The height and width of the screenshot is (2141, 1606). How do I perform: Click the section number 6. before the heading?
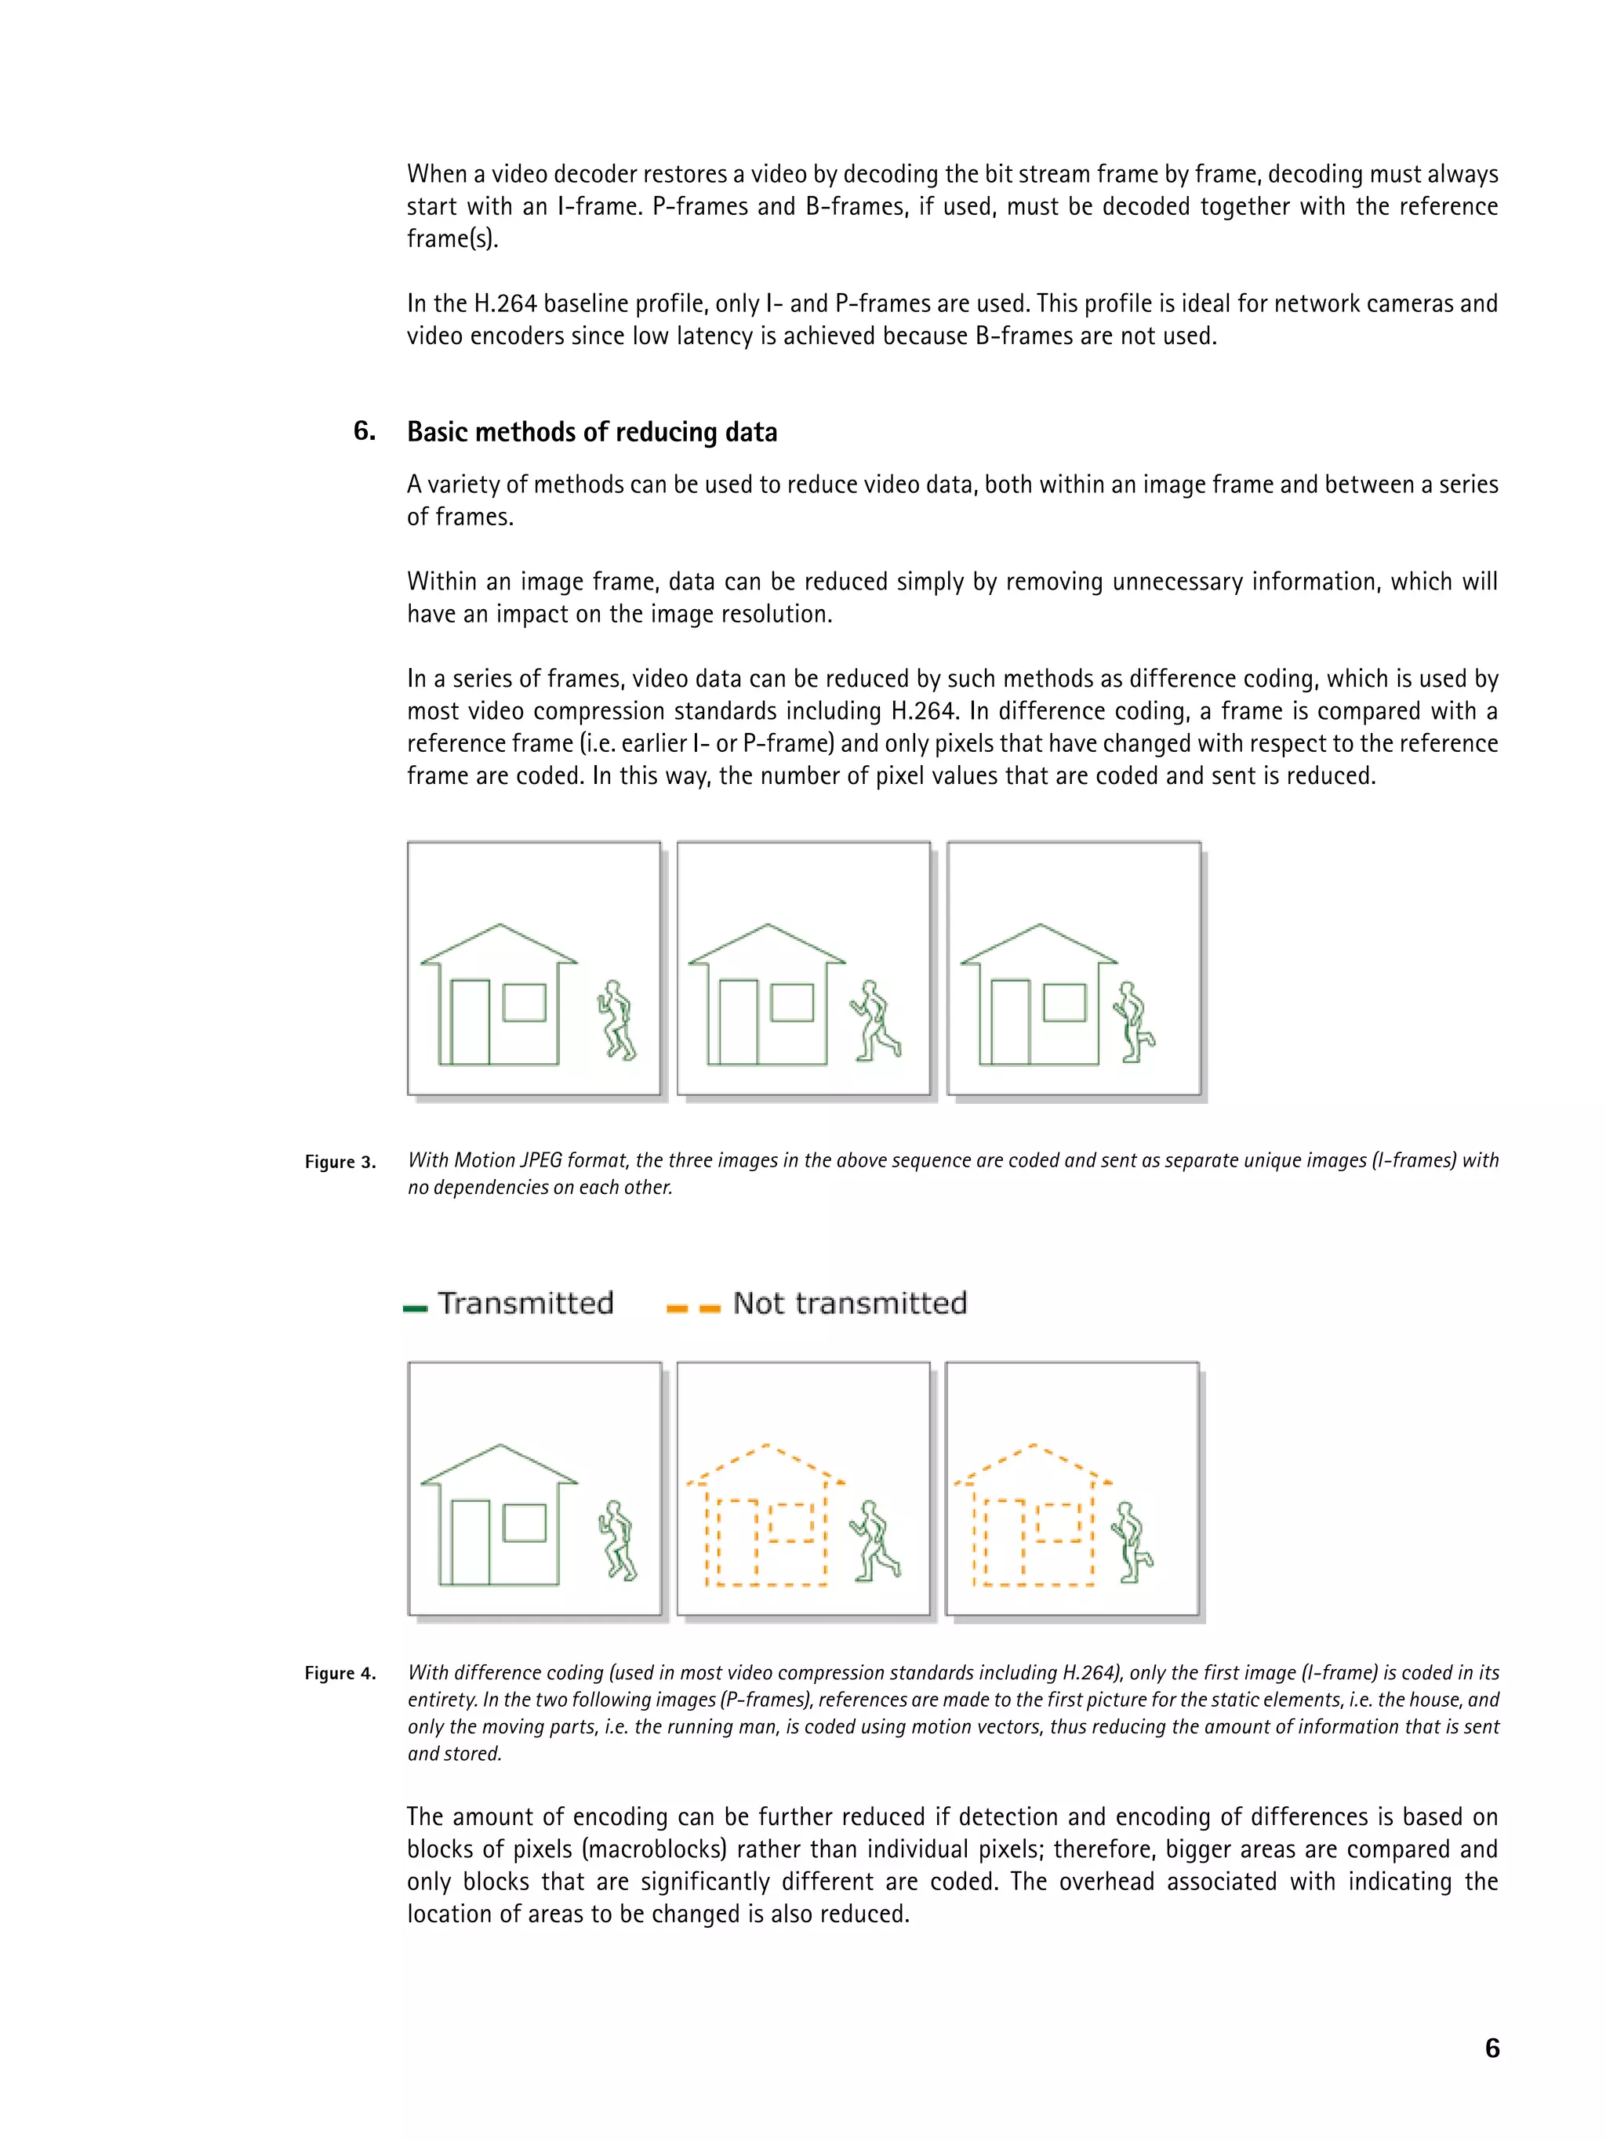coord(364,430)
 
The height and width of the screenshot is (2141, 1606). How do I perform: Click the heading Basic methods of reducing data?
coord(591,432)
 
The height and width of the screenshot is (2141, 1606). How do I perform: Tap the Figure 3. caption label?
coord(340,1162)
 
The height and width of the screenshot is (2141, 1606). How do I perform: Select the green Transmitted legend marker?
coord(416,1308)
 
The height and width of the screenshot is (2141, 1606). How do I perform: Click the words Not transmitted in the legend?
coord(849,1303)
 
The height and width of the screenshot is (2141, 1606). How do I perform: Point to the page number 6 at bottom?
coord(1492,2047)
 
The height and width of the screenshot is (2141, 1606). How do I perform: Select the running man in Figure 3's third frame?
coord(1132,1022)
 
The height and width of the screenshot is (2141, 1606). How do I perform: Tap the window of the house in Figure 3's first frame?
coord(525,1002)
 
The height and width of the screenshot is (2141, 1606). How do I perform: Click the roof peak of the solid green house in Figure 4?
coord(500,1447)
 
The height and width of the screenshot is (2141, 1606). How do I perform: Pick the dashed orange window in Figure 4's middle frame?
coord(792,1522)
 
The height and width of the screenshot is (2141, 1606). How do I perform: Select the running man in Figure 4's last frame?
coord(1131,1542)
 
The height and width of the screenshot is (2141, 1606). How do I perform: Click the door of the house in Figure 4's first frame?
coord(471,1542)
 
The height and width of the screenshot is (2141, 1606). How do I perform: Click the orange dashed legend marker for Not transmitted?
coord(693,1308)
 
